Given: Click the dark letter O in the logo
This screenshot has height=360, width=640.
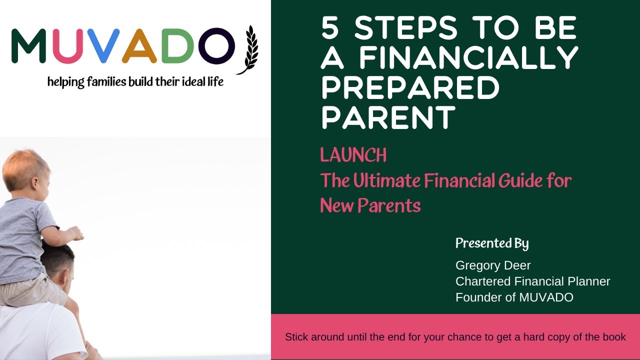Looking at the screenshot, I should (x=216, y=46).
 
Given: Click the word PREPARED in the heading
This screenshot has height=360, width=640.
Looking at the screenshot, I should (x=410, y=87).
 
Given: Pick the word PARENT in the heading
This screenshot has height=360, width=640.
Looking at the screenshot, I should (x=388, y=117).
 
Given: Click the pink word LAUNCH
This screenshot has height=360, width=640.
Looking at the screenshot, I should (x=353, y=155).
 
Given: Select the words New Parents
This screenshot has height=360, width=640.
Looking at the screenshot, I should (x=370, y=205).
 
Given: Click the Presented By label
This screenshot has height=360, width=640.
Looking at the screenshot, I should (x=492, y=243).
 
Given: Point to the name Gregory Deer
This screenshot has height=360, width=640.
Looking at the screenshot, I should (x=493, y=265).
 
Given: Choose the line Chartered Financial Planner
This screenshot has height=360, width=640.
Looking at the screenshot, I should (x=532, y=281).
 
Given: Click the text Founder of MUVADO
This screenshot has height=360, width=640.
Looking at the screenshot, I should (x=514, y=297).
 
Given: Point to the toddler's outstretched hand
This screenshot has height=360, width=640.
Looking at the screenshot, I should (x=76, y=233).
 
